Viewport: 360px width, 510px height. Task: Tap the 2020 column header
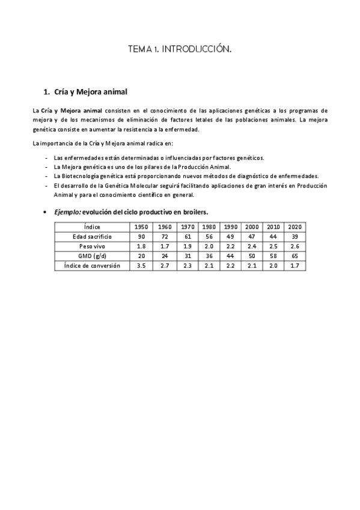tap(294, 227)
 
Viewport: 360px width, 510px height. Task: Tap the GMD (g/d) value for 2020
tap(294, 256)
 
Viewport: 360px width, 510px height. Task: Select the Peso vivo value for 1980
tap(209, 246)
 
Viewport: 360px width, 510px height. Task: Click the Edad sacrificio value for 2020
tap(294, 236)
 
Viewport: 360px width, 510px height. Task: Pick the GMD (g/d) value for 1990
tap(230, 256)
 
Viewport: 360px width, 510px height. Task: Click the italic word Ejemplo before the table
tap(67, 212)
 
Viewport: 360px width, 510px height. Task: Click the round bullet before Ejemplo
tap(46, 213)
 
